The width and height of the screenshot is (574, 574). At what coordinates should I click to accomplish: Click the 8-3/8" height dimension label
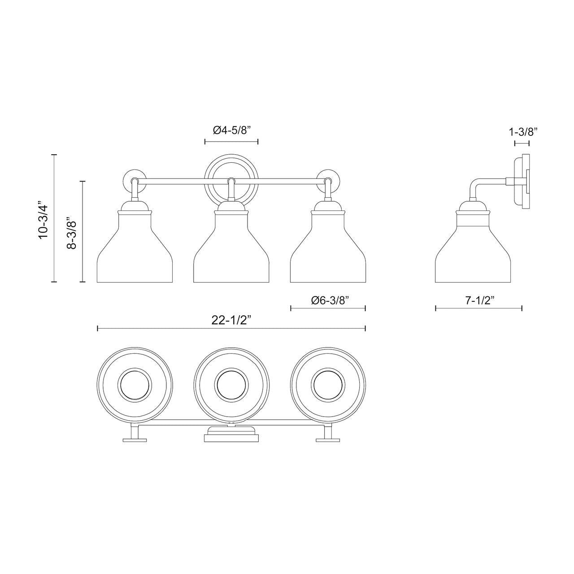coord(72,233)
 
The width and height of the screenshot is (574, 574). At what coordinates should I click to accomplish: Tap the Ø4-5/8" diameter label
coord(231,130)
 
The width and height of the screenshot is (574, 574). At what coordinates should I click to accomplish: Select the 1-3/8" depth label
coord(523,131)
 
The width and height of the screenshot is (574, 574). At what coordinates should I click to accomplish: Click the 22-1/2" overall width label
coord(231,320)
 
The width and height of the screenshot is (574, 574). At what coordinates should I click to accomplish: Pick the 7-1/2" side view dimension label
coord(479,300)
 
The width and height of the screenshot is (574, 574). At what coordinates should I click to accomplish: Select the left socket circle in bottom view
coord(135,385)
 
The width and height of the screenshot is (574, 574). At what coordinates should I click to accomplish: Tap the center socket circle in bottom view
coord(231,385)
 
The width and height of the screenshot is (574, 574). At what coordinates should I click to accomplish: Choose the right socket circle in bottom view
coord(328,385)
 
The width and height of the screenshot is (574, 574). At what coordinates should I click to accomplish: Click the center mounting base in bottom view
coord(231,435)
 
